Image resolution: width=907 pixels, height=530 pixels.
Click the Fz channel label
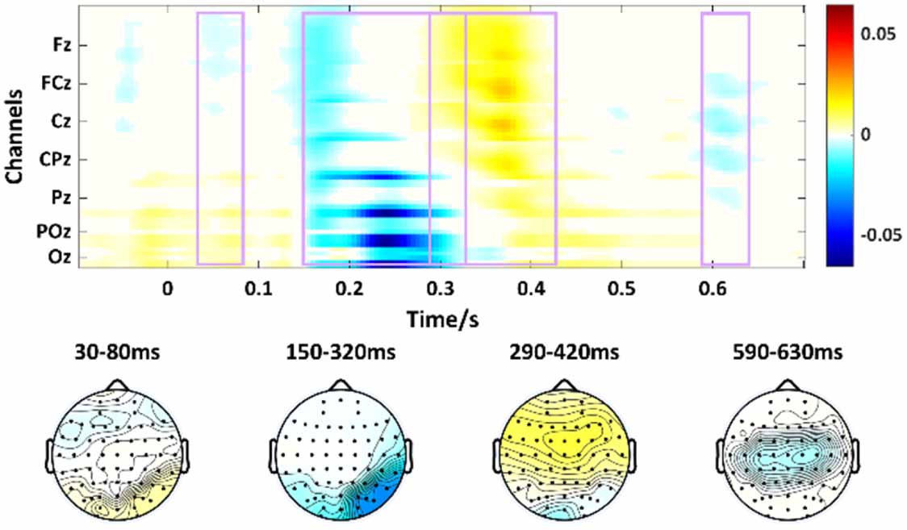[60, 46]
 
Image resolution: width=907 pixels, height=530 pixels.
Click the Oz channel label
[59, 257]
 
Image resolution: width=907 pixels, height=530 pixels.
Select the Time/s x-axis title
[443, 320]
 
